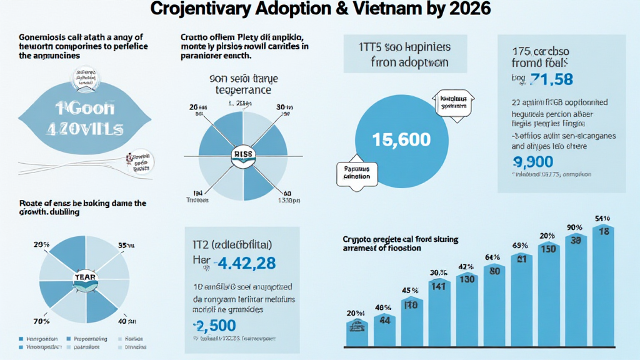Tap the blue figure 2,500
pyautogui.click(x=214, y=326)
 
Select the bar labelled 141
pyautogui.click(x=439, y=312)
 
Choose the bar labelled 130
pyautogui.click(x=467, y=309)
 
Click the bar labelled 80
pyautogui.click(x=494, y=303)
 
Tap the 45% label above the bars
pyautogui.click(x=411, y=290)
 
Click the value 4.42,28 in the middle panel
pyautogui.click(x=244, y=263)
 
